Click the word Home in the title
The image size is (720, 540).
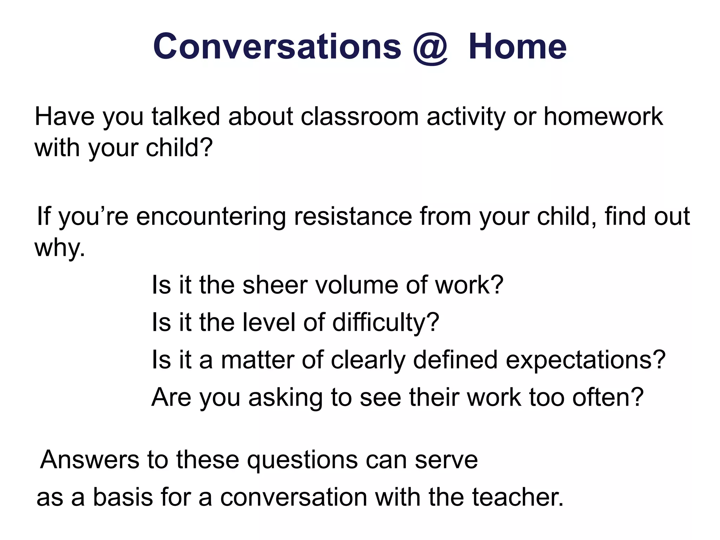pos(517,46)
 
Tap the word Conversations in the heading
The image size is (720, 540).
pos(277,46)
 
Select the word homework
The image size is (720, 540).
pos(603,117)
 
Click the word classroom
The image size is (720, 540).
pos(359,117)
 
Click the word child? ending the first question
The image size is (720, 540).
pos(179,148)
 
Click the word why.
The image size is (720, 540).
pos(60,248)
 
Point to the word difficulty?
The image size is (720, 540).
pos(386,322)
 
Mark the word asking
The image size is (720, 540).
pos(285,397)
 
